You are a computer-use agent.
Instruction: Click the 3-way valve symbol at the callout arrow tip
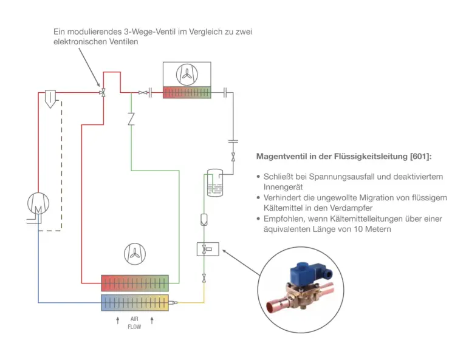click(x=104, y=93)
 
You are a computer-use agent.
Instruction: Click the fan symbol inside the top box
click(x=187, y=74)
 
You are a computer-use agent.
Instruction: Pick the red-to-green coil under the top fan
click(x=187, y=93)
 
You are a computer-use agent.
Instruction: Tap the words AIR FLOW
click(x=134, y=322)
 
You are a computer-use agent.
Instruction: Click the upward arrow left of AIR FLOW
click(x=118, y=319)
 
